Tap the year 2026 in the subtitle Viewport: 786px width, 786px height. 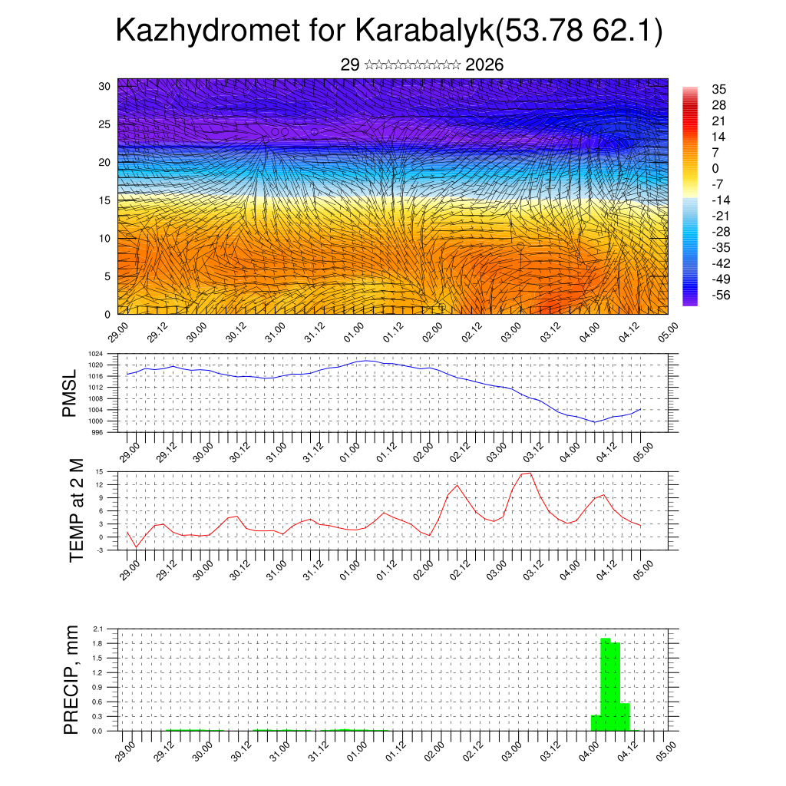tap(484, 65)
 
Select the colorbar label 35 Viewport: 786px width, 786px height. tap(719, 90)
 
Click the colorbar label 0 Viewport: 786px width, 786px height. tap(715, 168)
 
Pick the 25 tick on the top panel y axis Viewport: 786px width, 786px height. tap(105, 124)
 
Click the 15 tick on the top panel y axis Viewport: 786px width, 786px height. tap(105, 200)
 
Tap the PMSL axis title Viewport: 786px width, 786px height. tap(70, 393)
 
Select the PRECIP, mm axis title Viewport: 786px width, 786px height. tap(71, 679)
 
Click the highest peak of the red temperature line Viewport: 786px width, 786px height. tap(527, 473)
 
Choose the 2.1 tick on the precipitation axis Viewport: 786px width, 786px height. tap(98, 629)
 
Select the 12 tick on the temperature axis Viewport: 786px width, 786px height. tap(100, 484)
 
